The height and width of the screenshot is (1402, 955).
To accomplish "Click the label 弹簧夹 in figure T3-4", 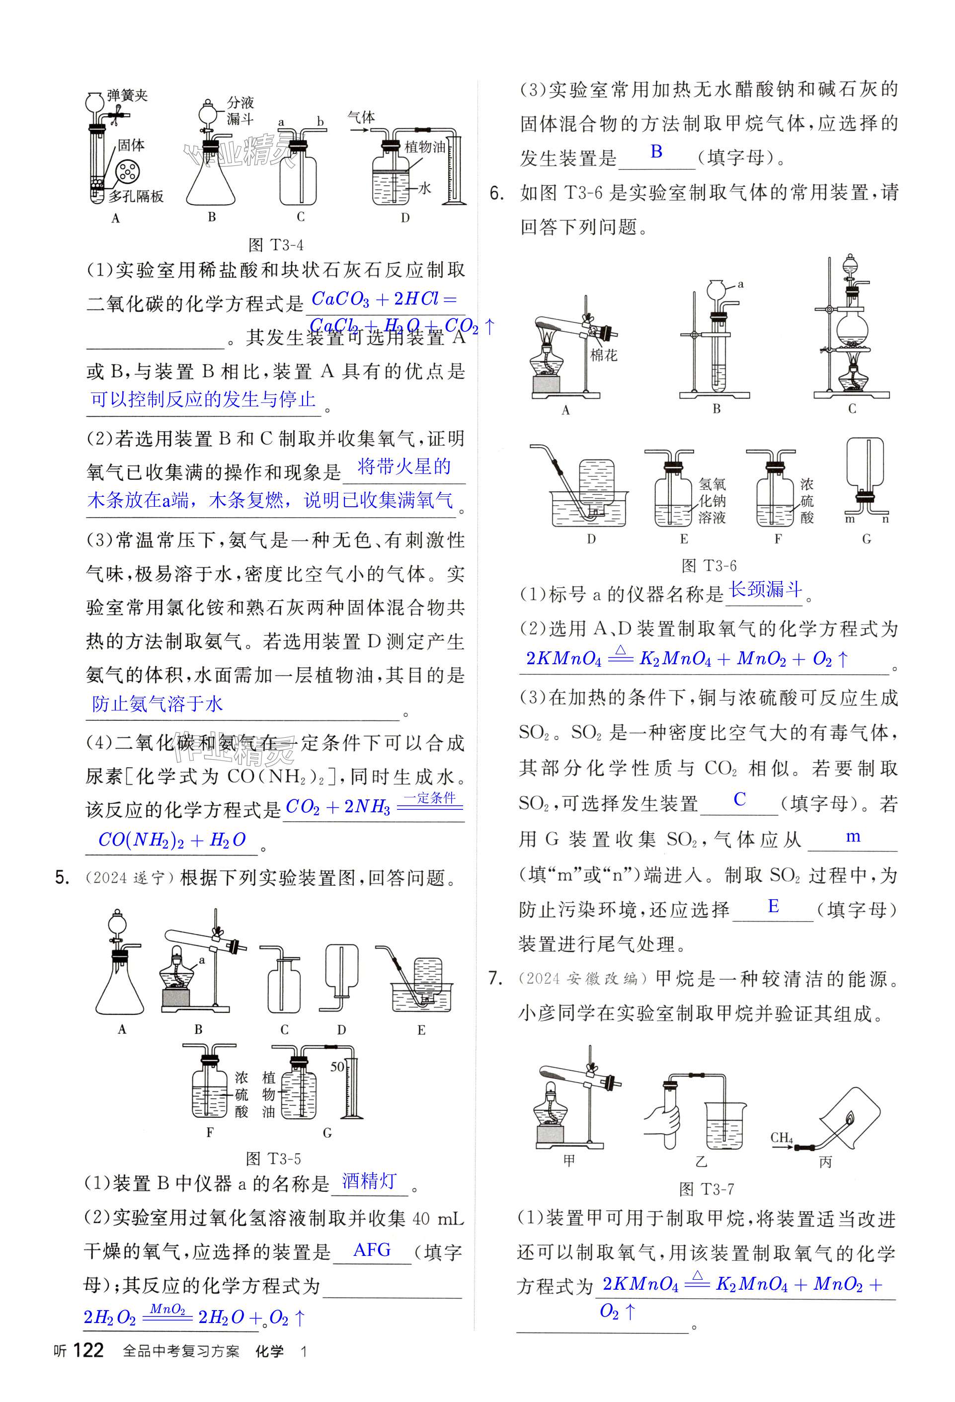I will [127, 95].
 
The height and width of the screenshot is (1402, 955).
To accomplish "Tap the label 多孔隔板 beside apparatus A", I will [136, 196].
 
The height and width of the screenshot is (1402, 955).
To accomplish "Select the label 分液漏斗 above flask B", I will [240, 110].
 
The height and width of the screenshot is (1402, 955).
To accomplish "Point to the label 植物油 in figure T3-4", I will [425, 147].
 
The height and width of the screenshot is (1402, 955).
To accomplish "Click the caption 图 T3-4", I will [276, 245].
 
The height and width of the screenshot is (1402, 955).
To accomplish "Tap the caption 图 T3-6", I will [709, 565].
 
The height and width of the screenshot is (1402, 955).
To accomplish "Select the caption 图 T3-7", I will [707, 1189].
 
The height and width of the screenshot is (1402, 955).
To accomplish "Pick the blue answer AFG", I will [372, 1249].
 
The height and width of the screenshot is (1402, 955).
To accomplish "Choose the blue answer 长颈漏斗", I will [765, 589].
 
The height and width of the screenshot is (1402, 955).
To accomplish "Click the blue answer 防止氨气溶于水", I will [158, 703].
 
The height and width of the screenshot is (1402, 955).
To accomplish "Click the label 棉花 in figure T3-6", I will [603, 355].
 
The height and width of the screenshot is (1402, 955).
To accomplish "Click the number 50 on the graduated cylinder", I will [337, 1067].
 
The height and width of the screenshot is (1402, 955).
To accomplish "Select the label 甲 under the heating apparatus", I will [569, 1160].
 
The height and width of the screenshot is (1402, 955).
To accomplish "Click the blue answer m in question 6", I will [853, 837].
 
